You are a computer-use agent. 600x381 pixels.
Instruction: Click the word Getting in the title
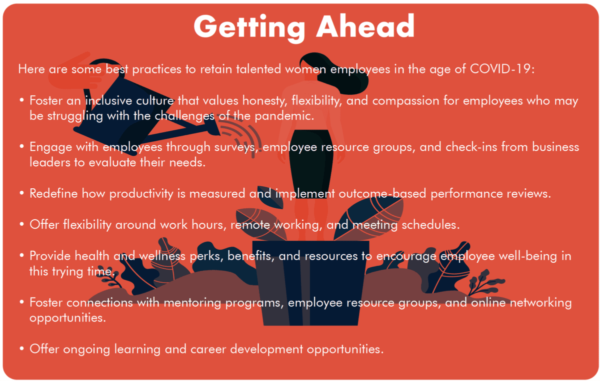point(249,27)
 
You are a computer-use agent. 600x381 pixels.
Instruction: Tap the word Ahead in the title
point(365,26)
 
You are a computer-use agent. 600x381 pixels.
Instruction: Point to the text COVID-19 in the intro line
point(500,69)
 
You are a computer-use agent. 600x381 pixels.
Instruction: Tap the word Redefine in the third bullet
point(53,193)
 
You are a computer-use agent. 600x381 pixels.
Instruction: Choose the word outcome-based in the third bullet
point(382,193)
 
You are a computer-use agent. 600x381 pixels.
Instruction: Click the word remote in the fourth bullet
point(250,225)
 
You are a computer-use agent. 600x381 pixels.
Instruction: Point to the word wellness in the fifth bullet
point(162,256)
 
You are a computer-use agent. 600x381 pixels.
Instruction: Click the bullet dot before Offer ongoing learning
point(21,349)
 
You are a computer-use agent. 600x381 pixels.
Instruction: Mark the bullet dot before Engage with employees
point(21,146)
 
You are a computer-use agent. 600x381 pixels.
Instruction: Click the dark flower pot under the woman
point(310,283)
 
